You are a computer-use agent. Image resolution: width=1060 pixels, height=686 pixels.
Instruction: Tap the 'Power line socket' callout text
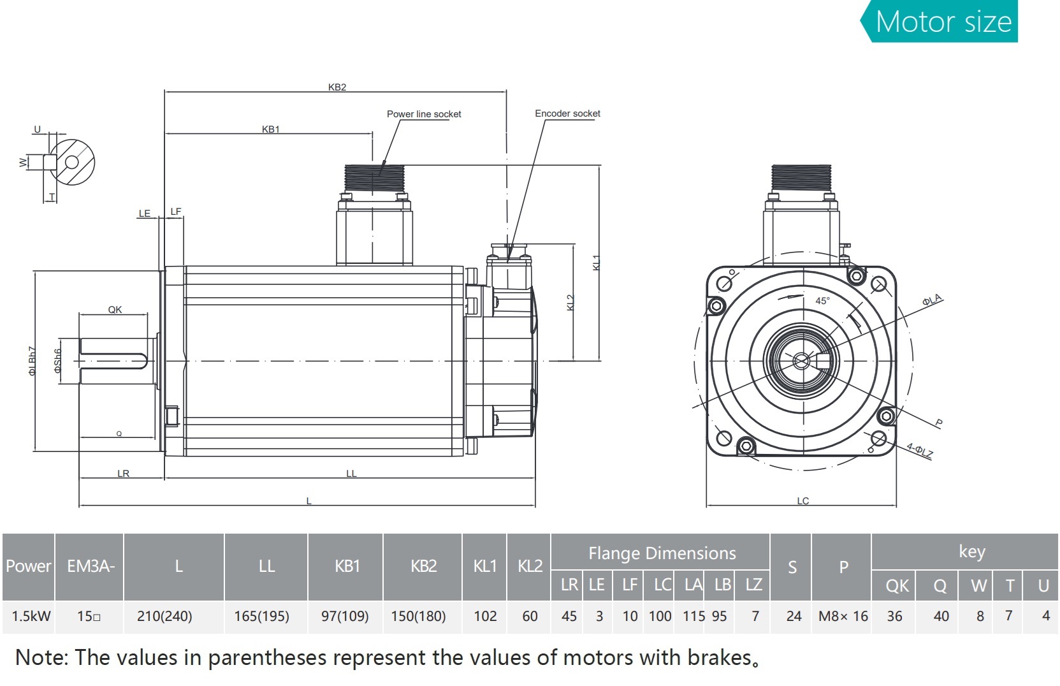pyautogui.click(x=424, y=114)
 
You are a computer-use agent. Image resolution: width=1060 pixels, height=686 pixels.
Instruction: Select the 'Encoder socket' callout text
pyautogui.click(x=567, y=113)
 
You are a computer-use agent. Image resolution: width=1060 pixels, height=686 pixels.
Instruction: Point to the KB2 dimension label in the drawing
pyautogui.click(x=337, y=87)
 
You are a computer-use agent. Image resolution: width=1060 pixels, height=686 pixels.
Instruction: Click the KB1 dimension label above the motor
pyautogui.click(x=271, y=129)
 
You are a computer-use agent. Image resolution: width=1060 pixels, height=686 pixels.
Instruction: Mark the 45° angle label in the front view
pyautogui.click(x=822, y=301)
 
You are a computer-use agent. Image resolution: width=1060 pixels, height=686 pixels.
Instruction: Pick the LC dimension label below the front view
pyautogui.click(x=802, y=501)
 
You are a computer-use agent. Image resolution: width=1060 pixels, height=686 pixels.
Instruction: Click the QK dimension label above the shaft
pyautogui.click(x=115, y=310)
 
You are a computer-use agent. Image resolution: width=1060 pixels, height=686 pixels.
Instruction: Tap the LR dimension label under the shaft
pyautogui.click(x=123, y=474)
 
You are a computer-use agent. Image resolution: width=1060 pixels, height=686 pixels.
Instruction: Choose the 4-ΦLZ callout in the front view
pyautogui.click(x=919, y=450)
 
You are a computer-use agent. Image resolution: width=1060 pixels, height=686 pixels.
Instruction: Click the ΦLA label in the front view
pyautogui.click(x=932, y=300)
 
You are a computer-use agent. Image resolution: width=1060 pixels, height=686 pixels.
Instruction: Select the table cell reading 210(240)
pyautogui.click(x=164, y=617)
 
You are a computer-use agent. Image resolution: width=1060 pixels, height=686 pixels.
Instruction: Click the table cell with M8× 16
pyautogui.click(x=843, y=617)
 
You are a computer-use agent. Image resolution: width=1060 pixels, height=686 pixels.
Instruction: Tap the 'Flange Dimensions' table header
pyautogui.click(x=662, y=553)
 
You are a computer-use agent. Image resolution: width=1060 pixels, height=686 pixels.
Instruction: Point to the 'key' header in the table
pyautogui.click(x=971, y=551)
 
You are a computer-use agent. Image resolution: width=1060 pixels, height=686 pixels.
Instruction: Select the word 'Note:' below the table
pyautogui.click(x=41, y=658)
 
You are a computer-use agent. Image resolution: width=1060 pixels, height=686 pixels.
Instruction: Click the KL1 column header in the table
pyautogui.click(x=484, y=566)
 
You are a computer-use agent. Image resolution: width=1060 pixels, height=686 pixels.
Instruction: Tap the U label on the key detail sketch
pyautogui.click(x=37, y=129)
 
